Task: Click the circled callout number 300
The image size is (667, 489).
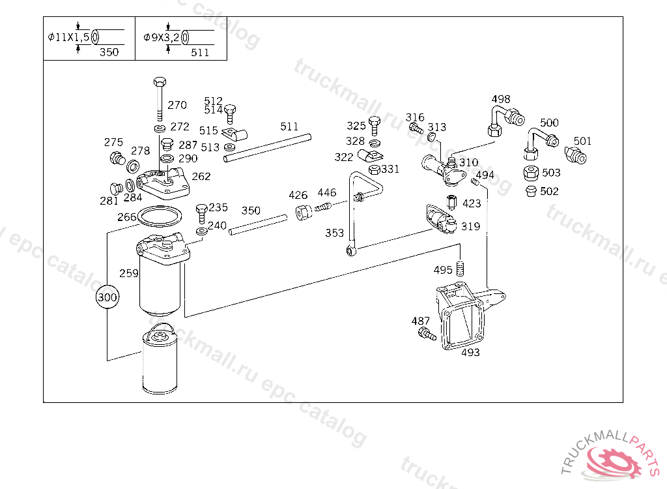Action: pos(107,297)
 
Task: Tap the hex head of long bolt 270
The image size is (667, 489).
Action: pos(160,81)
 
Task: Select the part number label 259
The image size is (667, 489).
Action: pos(128,273)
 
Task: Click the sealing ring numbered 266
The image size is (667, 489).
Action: pos(160,217)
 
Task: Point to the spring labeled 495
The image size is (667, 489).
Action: pos(460,269)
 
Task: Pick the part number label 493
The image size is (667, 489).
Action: pos(470,352)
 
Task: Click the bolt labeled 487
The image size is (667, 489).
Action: pos(427,334)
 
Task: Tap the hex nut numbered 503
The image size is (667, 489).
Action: pos(531,173)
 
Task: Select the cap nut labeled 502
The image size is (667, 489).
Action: pos(530,191)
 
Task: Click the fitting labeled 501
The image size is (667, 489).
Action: pos(576,155)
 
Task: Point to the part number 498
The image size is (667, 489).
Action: pos(501,99)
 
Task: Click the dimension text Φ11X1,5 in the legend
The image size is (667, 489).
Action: pos(68,37)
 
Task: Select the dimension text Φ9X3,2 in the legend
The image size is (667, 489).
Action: pos(162,37)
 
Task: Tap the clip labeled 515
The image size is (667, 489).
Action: pos(234,134)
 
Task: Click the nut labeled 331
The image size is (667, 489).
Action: pos(374,170)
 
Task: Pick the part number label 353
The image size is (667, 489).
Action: pos(334,233)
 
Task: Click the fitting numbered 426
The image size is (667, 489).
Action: pos(304,212)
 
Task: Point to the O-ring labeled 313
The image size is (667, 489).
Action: pos(431,137)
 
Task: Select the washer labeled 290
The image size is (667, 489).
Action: pos(167,159)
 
